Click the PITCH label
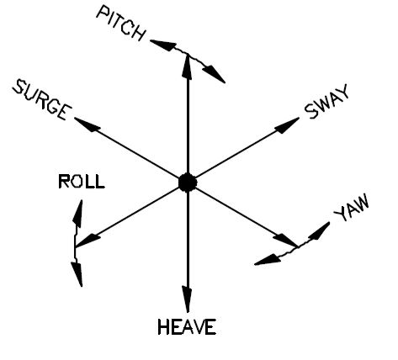pyautogui.click(x=121, y=24)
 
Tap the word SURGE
pyautogui.click(x=42, y=100)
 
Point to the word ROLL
pyautogui.click(x=82, y=182)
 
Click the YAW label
pyautogui.click(x=352, y=208)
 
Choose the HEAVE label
pyautogui.click(x=187, y=327)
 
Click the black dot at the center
pyautogui.click(x=188, y=183)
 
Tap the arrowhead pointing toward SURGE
pyautogui.click(x=88, y=124)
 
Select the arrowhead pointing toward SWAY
pyautogui.click(x=287, y=125)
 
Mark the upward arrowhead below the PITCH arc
pyautogui.click(x=188, y=66)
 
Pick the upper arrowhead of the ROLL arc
pyautogui.click(x=78, y=213)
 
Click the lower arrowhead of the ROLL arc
pyautogui.click(x=77, y=274)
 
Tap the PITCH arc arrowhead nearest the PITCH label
pyautogui.click(x=163, y=45)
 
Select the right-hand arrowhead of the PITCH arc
pyautogui.click(x=214, y=74)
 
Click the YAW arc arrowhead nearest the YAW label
pyautogui.click(x=320, y=230)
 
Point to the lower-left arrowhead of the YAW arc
pyautogui.click(x=268, y=260)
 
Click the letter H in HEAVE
pyautogui.click(x=163, y=327)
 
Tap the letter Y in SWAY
pyautogui.click(x=342, y=92)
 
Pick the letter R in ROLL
pyautogui.click(x=63, y=182)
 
